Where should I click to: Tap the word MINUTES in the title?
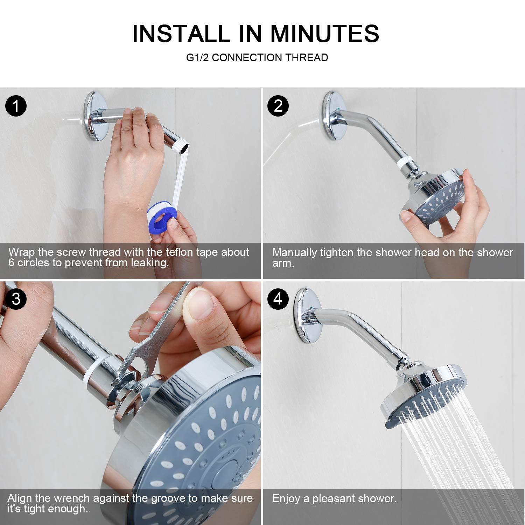tap(324, 34)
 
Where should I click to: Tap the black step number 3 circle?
tap(16, 299)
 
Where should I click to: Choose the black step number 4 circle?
tap(278, 299)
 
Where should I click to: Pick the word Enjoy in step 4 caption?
tap(287, 498)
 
